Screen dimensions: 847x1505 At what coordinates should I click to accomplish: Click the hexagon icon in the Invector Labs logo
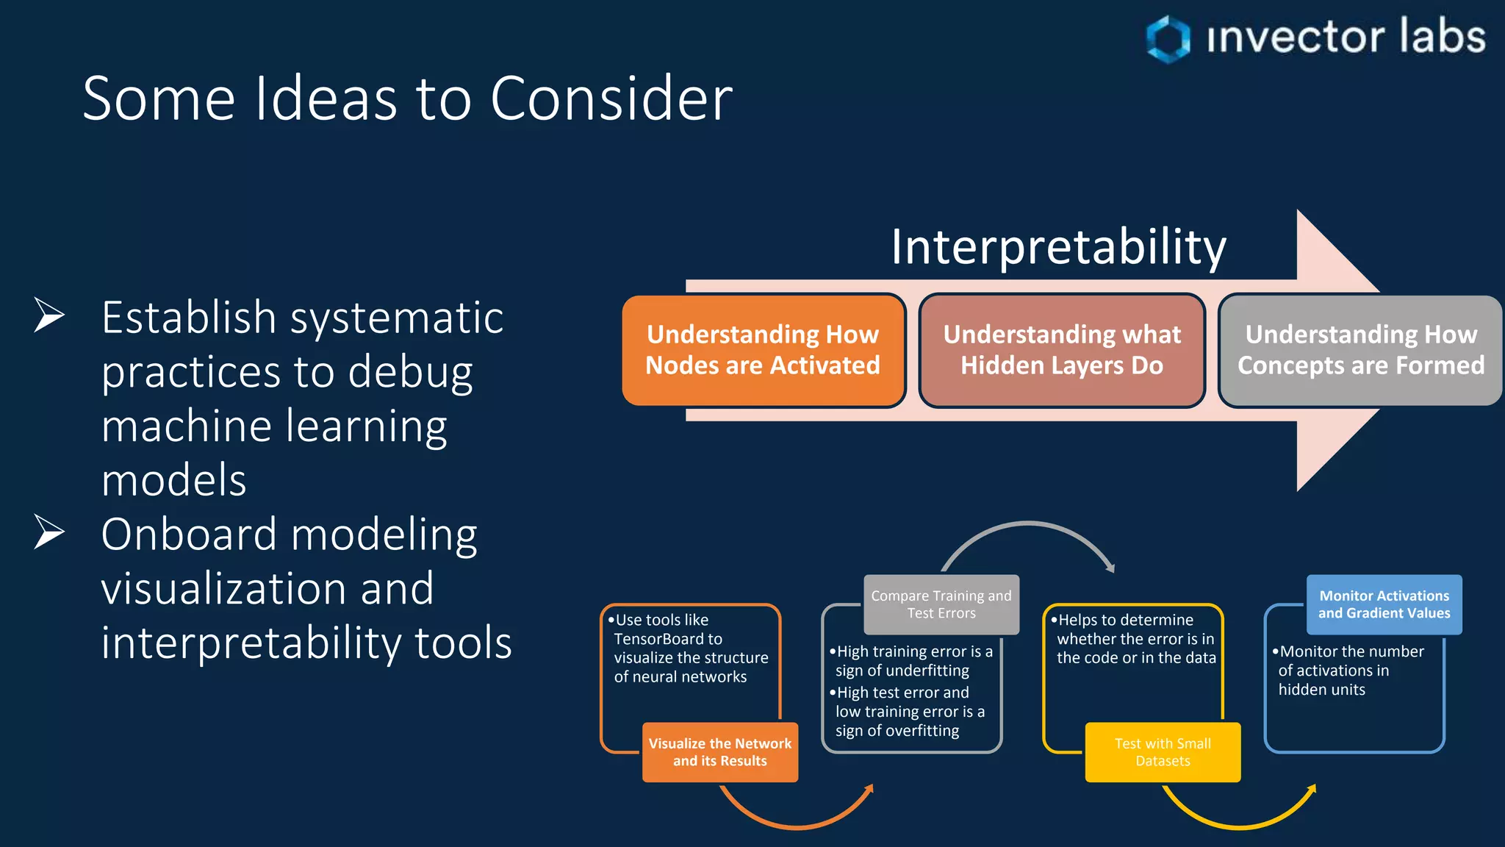[1168, 39]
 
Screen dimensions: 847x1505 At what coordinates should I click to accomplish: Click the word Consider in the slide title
[611, 99]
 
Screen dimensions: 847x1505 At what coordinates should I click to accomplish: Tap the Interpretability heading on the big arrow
[1058, 246]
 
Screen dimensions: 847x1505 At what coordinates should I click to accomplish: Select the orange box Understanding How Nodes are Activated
[763, 350]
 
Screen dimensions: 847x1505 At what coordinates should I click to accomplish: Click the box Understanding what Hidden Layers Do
[1062, 350]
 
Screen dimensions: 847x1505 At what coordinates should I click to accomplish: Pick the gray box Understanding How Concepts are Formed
[1360, 350]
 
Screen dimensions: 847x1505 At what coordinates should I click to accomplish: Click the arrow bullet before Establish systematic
[49, 316]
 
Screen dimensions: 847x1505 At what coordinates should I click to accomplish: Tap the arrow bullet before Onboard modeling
[49, 532]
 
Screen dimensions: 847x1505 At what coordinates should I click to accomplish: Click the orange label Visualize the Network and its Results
[719, 752]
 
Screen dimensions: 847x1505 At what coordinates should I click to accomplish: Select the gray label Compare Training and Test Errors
[941, 604]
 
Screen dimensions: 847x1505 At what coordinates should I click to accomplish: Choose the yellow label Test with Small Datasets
[1163, 752]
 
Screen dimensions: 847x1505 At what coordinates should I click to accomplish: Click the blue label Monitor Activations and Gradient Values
[1384, 604]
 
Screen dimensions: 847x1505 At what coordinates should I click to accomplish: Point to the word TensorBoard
[668, 639]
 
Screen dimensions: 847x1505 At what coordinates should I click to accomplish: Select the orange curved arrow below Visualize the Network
[797, 825]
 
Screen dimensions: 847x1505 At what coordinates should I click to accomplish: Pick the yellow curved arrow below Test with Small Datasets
[1240, 825]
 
